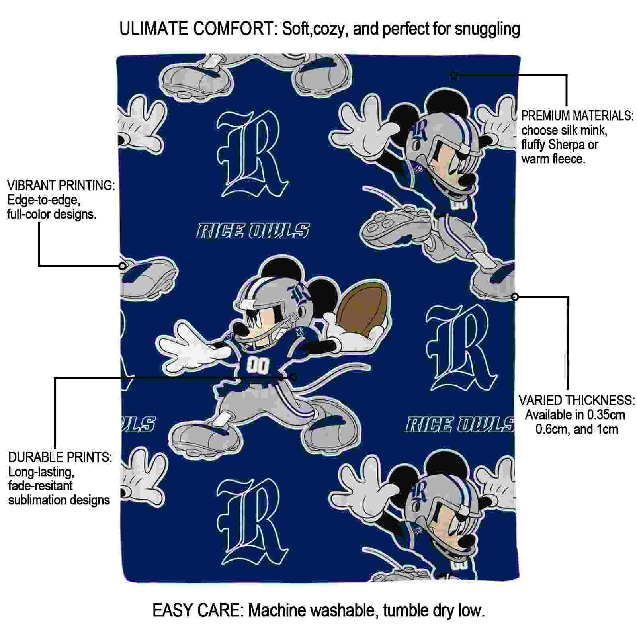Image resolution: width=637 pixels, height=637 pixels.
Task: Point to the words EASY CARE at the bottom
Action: coord(197,610)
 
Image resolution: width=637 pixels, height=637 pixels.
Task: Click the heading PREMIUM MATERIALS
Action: coord(577,116)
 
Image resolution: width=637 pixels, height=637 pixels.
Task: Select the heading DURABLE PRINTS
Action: coord(60,457)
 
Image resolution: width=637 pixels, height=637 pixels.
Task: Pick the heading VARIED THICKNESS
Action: coord(576,400)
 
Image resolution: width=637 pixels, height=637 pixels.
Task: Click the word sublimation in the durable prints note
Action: coord(35,500)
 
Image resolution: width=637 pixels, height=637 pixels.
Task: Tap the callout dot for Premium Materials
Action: coord(454,75)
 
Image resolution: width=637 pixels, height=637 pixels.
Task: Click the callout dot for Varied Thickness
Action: coord(515,297)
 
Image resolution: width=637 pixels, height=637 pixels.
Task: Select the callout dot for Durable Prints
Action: coord(294,377)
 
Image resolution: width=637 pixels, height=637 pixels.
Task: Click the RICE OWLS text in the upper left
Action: coord(253,231)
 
